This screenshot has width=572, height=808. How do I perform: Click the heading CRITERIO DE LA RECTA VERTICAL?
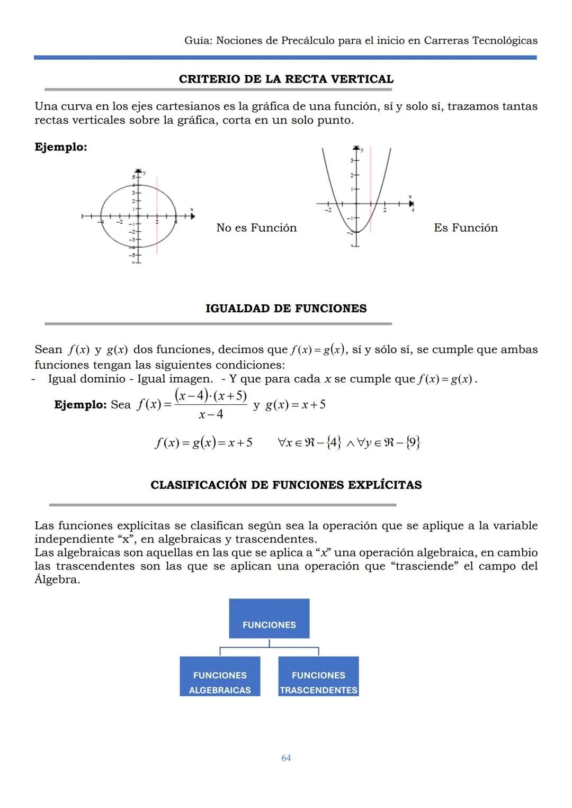pos(286,79)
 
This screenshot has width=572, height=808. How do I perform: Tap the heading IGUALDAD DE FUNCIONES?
pos(286,308)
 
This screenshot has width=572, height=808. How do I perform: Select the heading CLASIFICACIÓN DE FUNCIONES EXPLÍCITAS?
pos(286,485)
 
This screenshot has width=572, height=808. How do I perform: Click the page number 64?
pos(286,758)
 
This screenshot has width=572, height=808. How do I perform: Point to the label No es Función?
pos(256,228)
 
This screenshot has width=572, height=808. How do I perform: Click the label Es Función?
pos(466,228)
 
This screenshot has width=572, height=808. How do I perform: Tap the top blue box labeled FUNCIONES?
pos(269,619)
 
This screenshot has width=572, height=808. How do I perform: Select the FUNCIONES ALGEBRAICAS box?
pos(220,677)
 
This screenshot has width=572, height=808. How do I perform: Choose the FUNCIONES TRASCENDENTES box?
pos(318,677)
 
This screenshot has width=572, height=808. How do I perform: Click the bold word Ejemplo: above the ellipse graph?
pos(61,147)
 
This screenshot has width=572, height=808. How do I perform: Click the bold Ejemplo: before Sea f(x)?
pos(81,405)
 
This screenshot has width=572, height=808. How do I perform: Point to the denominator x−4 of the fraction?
pos(211,414)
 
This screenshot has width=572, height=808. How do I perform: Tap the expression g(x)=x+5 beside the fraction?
pos(296,405)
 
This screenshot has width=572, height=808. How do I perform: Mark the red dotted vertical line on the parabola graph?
pos(371,190)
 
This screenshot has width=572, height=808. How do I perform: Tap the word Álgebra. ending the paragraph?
pos(57,579)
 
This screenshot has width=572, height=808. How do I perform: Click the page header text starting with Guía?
pos(361,41)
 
